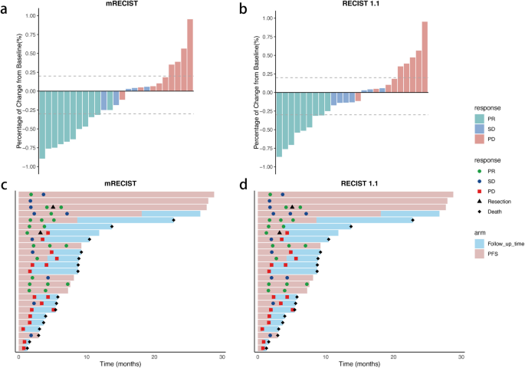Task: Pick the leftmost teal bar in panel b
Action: tap(279, 123)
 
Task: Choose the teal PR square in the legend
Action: tap(479, 118)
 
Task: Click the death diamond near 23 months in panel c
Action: tap(174, 221)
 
